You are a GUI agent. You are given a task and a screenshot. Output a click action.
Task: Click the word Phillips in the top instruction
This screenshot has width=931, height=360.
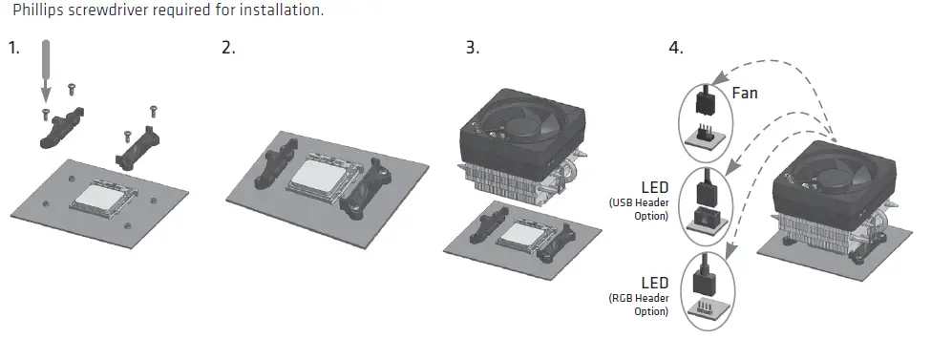coord(39,11)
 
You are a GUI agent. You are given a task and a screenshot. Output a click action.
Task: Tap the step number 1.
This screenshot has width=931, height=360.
coord(13,48)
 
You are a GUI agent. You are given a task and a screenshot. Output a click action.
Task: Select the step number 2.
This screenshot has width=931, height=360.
coord(228,48)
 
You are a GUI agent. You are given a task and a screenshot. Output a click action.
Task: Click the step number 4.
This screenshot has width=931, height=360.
coord(676,48)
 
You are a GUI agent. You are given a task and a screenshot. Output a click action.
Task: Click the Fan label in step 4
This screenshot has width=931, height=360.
coord(745,94)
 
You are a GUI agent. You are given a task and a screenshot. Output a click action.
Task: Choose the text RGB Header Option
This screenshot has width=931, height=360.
coord(641,304)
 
